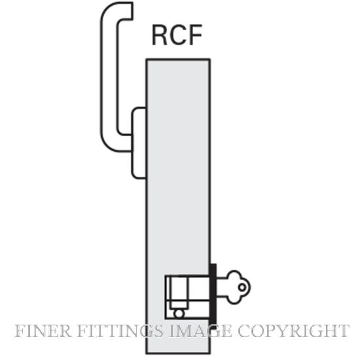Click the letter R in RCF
pyautogui.click(x=159, y=35)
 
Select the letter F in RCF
pyautogui.click(x=195, y=35)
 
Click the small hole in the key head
pyautogui.click(x=242, y=287)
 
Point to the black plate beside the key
pyautogui.click(x=213, y=296)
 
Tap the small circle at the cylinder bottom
pyautogui.click(x=179, y=314)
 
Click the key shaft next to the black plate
pyautogui.click(x=222, y=287)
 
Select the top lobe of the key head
pyautogui.click(x=234, y=275)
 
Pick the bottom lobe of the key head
pyautogui.click(x=234, y=299)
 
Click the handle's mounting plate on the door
pyautogui.click(x=139, y=143)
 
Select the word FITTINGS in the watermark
pyautogui.click(x=120, y=331)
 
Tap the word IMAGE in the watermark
pyautogui.click(x=200, y=331)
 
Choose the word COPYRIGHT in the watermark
pyautogui.click(x=293, y=331)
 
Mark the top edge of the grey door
pyautogui.click(x=178, y=60)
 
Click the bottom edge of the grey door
pyautogui.click(x=178, y=353)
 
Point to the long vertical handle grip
pyautogui.click(x=109, y=76)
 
